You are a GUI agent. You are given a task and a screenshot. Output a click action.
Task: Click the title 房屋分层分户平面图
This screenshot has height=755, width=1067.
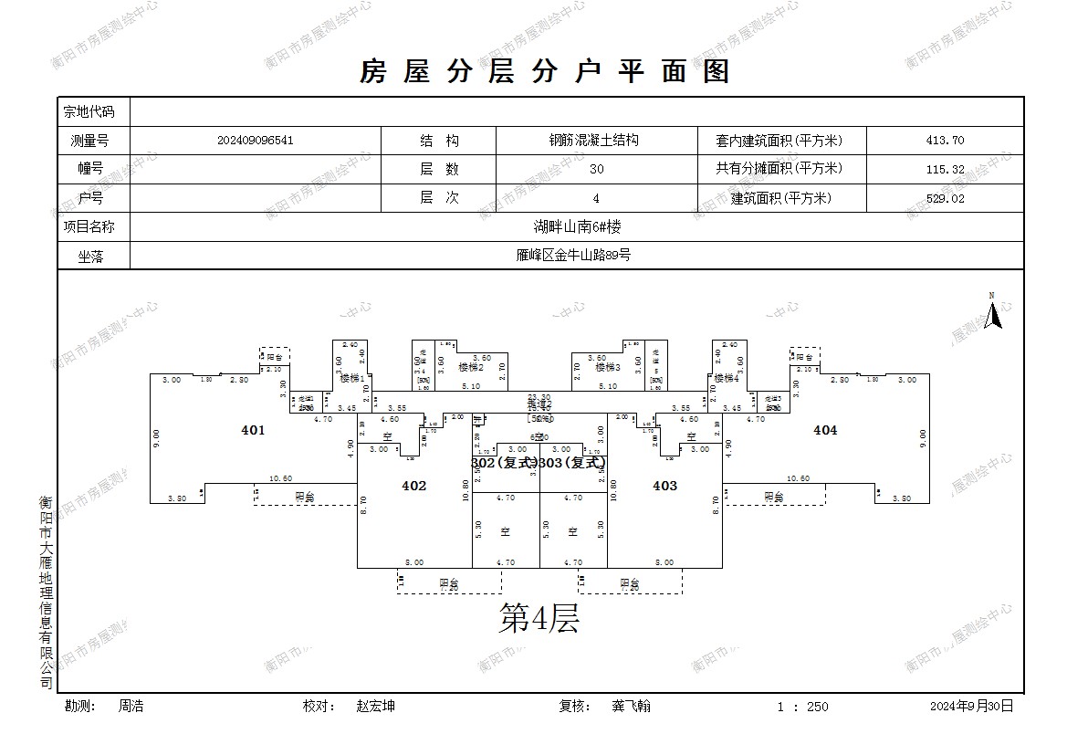coord(545,71)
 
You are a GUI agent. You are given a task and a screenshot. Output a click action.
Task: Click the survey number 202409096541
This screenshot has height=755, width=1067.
coord(256,141)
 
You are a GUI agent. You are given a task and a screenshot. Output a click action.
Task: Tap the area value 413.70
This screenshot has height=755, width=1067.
coord(945,141)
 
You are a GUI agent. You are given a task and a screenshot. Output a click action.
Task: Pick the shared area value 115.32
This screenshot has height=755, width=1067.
coord(945,169)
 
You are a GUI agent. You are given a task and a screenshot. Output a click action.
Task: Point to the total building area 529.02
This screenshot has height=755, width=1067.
coord(945,198)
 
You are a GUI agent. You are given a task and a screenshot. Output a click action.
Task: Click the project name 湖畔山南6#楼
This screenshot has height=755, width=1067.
coord(577,227)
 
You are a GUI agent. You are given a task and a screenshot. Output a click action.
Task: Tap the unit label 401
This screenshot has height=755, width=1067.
coord(253,430)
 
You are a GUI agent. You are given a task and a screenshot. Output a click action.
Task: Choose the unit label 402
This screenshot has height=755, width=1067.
coord(413,486)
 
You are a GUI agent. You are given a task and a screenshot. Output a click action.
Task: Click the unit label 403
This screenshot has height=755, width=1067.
coord(664,486)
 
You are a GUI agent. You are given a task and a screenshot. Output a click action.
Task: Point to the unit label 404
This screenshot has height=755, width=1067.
coord(824,430)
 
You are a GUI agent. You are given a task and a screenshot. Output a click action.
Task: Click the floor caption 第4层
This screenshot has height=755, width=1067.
coord(539,620)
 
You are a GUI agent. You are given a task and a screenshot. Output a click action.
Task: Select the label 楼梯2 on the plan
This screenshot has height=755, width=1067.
coord(470,367)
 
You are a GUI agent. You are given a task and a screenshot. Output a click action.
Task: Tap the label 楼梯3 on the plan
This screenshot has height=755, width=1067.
coord(608,367)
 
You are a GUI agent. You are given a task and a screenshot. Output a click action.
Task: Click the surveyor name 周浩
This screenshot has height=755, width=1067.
coord(131,706)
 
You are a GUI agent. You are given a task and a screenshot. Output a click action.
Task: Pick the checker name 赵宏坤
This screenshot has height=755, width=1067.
coord(376,706)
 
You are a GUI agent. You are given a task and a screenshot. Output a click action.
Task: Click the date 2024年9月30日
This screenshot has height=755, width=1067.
coord(971,706)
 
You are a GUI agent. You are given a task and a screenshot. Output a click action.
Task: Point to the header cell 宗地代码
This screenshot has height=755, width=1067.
coord(89,112)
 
